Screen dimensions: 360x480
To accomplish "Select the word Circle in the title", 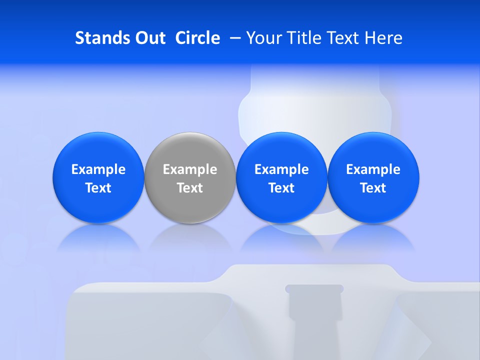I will click(x=197, y=38).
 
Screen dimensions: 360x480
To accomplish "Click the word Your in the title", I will click(x=263, y=38).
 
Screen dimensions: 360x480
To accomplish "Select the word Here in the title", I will click(x=383, y=38).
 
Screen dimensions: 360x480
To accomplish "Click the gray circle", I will click(x=190, y=150).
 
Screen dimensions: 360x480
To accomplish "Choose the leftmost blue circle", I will click(x=98, y=150).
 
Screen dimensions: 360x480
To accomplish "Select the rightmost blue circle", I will click(x=373, y=150).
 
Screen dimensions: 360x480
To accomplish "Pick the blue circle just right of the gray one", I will click(x=281, y=150).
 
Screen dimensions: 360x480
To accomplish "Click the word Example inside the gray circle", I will click(x=190, y=169).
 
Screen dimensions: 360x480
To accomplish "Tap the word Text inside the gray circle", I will click(x=190, y=188).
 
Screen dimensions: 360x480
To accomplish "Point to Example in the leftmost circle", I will click(x=98, y=169).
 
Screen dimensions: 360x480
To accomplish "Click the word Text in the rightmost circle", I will click(x=373, y=188).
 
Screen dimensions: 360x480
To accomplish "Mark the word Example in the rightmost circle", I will click(x=373, y=169).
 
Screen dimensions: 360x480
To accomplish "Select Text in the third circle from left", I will click(x=281, y=188).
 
